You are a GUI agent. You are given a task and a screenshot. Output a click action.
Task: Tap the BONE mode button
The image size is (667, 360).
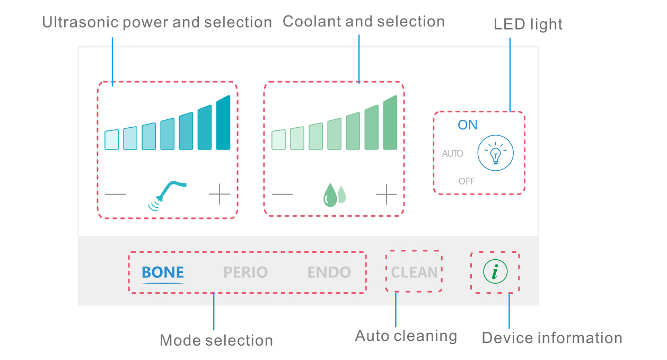163,272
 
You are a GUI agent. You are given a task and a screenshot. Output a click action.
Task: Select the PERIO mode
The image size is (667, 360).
245,272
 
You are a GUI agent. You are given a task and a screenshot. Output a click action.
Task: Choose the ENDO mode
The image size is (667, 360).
329,272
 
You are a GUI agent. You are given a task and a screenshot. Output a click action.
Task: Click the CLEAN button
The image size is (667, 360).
414,272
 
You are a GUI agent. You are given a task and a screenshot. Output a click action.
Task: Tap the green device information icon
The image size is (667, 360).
495,271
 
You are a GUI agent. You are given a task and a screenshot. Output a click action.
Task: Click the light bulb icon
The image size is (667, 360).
496,153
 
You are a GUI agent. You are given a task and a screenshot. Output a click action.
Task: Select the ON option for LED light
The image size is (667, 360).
468,125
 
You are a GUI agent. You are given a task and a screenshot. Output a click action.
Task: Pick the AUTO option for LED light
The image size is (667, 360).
453,154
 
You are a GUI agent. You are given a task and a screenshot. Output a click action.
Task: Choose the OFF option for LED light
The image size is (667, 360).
466,181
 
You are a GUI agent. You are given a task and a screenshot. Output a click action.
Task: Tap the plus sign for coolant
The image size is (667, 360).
386,194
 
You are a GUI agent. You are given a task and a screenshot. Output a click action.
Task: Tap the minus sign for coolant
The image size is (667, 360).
282,194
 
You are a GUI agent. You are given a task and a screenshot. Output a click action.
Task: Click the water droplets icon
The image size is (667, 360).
335,195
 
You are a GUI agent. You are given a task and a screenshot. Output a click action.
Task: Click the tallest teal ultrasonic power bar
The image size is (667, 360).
223,122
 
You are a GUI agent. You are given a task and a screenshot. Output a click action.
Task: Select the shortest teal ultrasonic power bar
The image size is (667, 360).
112,139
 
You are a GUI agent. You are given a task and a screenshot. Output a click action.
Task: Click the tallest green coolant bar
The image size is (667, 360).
390,122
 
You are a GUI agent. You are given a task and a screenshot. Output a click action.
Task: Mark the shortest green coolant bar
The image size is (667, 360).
278,139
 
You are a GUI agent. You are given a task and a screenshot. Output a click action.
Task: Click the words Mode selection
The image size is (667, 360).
216,340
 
